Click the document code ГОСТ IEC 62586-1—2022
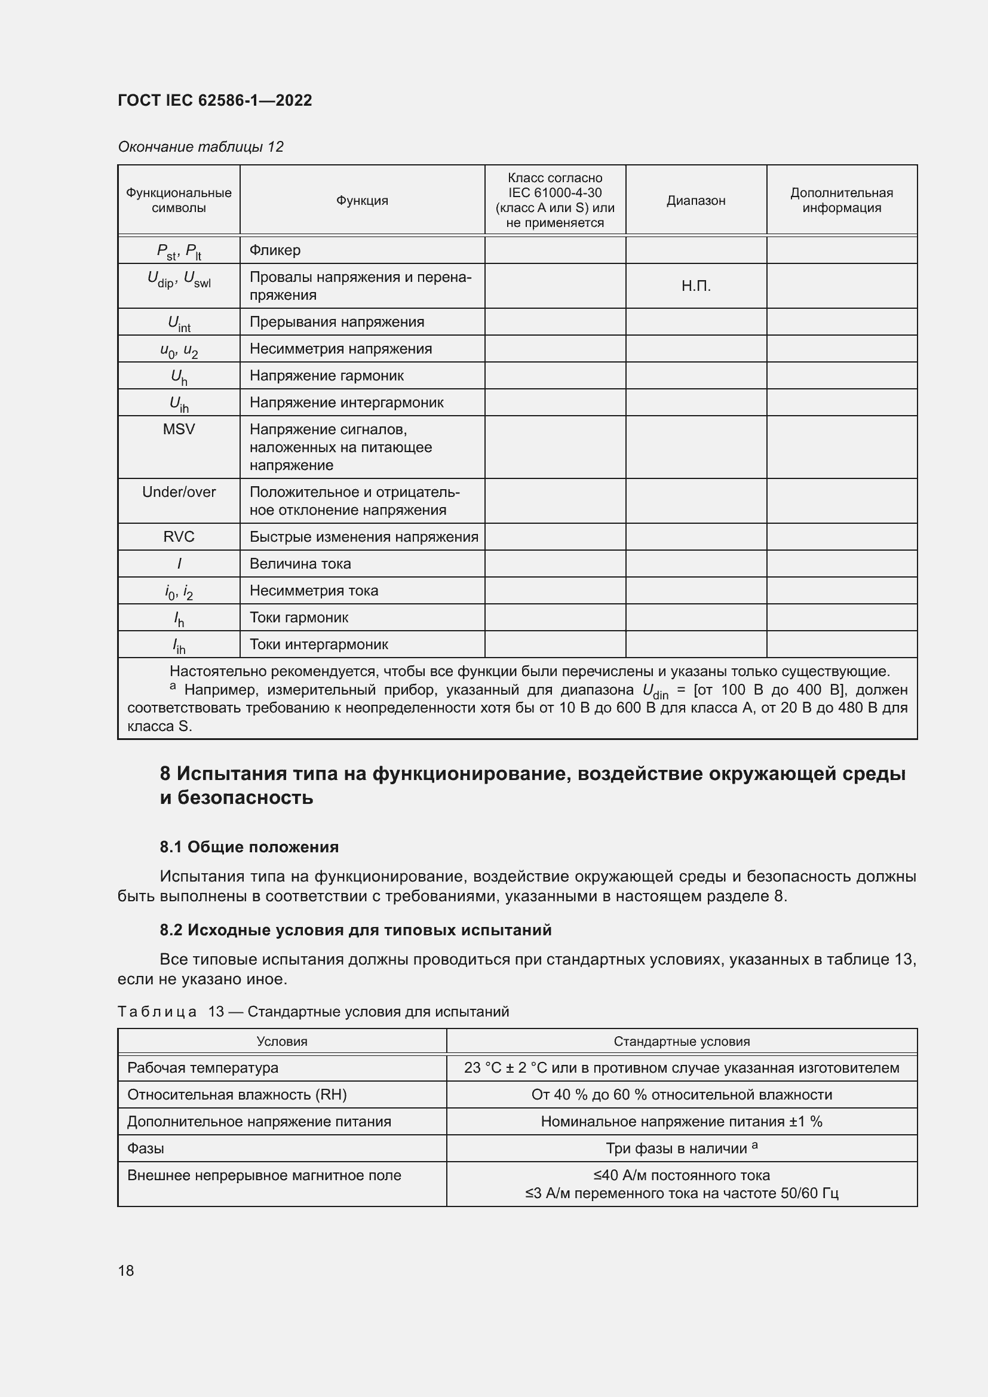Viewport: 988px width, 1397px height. point(214,100)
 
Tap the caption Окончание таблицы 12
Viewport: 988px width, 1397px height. point(200,147)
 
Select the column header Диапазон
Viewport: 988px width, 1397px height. point(695,200)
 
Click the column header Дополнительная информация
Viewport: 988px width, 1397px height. point(841,200)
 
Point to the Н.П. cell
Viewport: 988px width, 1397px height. point(695,286)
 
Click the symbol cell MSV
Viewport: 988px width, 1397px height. point(178,429)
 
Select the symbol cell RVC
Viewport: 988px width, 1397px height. point(178,537)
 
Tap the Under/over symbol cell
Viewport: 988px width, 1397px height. point(178,492)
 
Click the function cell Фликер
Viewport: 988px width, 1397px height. point(275,250)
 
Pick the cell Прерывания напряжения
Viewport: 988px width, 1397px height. point(336,322)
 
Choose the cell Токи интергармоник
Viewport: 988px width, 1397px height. point(318,644)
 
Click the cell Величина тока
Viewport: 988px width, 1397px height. point(300,563)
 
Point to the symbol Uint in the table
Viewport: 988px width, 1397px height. point(178,323)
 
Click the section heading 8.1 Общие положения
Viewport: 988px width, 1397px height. point(249,847)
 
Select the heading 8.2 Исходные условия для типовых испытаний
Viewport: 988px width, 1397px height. point(355,930)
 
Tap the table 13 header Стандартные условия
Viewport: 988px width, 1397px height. point(681,1041)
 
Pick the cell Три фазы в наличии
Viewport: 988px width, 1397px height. point(681,1148)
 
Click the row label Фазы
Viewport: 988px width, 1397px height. point(145,1148)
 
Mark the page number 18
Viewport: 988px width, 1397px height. point(126,1270)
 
